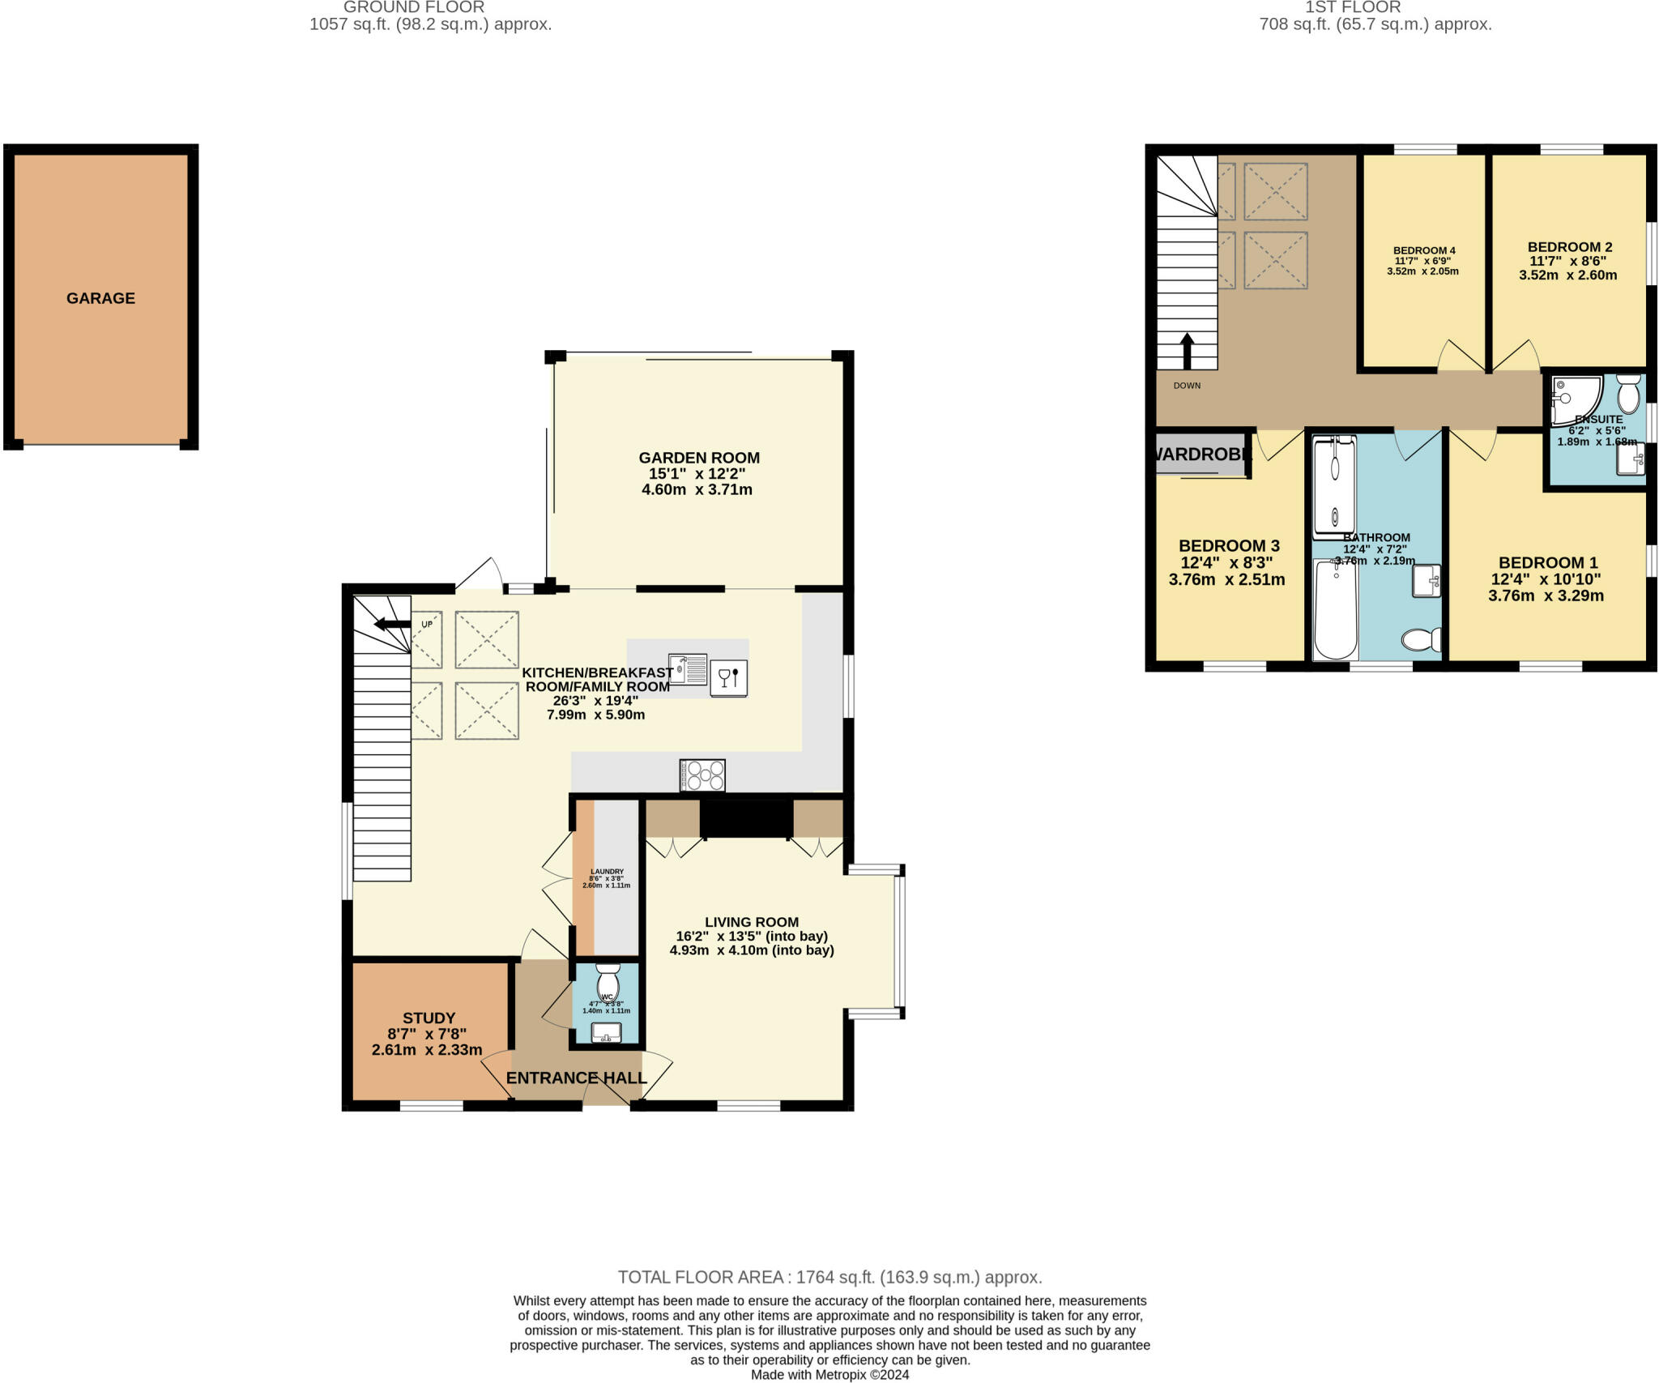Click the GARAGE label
click(100, 298)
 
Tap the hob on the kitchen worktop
click(702, 775)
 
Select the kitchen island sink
click(688, 669)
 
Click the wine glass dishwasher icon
click(728, 677)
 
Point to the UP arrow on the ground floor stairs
click(393, 624)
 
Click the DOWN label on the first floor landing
click(1187, 386)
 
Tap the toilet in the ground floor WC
click(608, 983)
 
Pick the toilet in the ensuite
click(1628, 395)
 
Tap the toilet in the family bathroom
click(1421, 640)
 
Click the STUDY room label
click(429, 1018)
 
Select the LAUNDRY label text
click(607, 872)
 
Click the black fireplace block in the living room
click(746, 818)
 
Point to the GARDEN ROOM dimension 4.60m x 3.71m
click(697, 489)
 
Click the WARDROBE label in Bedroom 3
click(1202, 455)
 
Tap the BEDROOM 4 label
click(1424, 250)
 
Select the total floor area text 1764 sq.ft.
click(829, 1278)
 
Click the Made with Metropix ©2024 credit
click(829, 1375)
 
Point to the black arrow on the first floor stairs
click(1188, 351)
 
